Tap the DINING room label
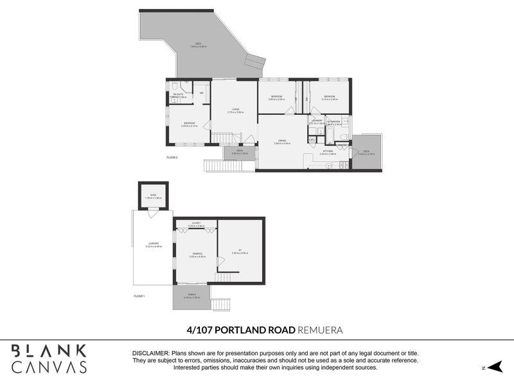pyautogui.click(x=282, y=141)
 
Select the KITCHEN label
pyautogui.click(x=328, y=151)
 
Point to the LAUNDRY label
pyautogui.click(x=316, y=120)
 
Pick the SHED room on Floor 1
pyautogui.click(x=154, y=195)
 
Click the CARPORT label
pyautogui.click(x=153, y=244)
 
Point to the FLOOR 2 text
pyautogui.click(x=172, y=157)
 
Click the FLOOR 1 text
pyautogui.click(x=139, y=296)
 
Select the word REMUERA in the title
pyautogui.click(x=320, y=330)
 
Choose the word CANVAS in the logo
pyautogui.click(x=49, y=366)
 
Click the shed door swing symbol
pyautogui.click(x=152, y=214)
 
